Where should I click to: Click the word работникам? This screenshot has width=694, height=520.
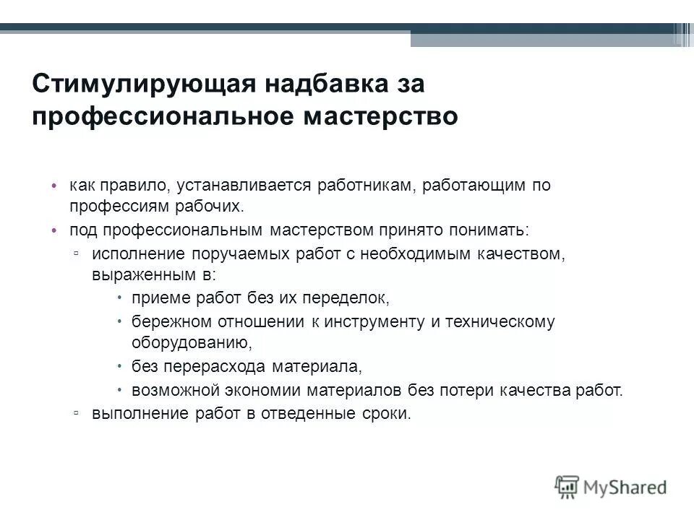365,186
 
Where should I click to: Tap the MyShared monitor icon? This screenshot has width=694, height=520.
567,485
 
